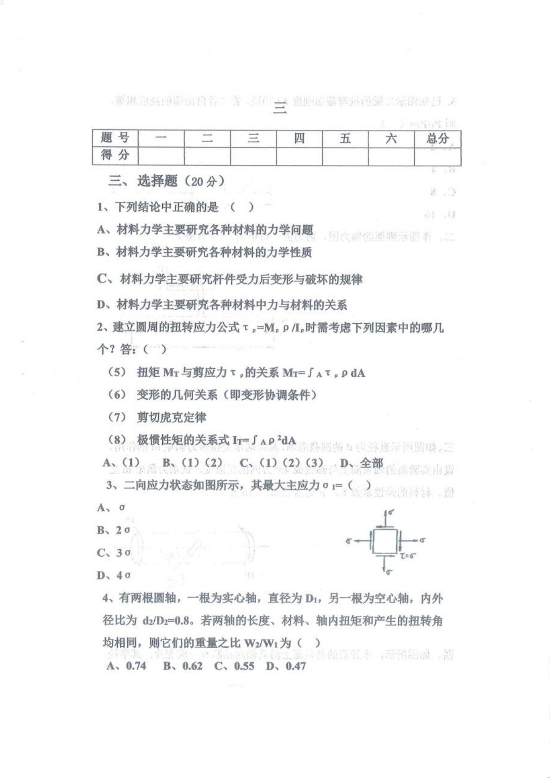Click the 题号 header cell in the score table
(115, 138)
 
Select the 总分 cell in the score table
(437, 138)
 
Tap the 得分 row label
(115, 155)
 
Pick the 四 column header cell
(299, 138)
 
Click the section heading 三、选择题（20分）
(166, 181)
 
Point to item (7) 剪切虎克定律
(157, 417)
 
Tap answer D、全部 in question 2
(361, 463)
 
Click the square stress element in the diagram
(385, 541)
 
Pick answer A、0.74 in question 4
(126, 666)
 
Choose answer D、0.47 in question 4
(286, 666)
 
